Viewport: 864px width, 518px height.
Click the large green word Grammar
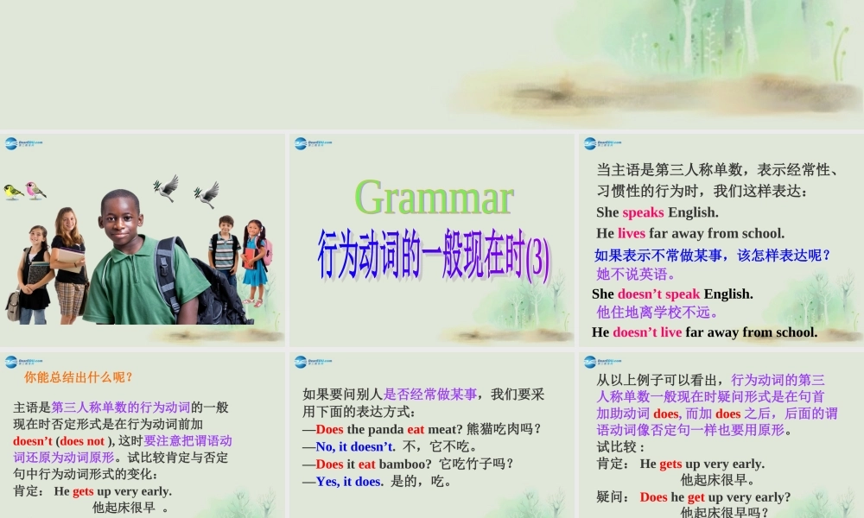click(434, 198)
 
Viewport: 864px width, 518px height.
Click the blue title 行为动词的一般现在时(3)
click(434, 254)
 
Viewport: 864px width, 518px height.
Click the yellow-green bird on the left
click(13, 192)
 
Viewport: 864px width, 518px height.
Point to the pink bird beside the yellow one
click(35, 190)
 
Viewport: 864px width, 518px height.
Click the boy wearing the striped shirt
click(226, 250)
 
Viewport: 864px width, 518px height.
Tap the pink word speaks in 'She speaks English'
click(643, 212)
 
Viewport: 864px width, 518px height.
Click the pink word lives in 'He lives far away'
click(632, 233)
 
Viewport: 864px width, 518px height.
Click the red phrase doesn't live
click(647, 332)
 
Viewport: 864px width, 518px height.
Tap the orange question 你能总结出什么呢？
click(79, 377)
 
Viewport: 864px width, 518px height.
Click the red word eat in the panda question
click(416, 429)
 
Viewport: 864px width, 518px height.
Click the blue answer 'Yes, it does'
click(348, 482)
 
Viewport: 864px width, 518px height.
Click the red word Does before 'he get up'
click(653, 497)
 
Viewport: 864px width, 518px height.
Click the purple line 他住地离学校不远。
click(658, 313)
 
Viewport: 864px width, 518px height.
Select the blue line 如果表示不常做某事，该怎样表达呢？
click(713, 256)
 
